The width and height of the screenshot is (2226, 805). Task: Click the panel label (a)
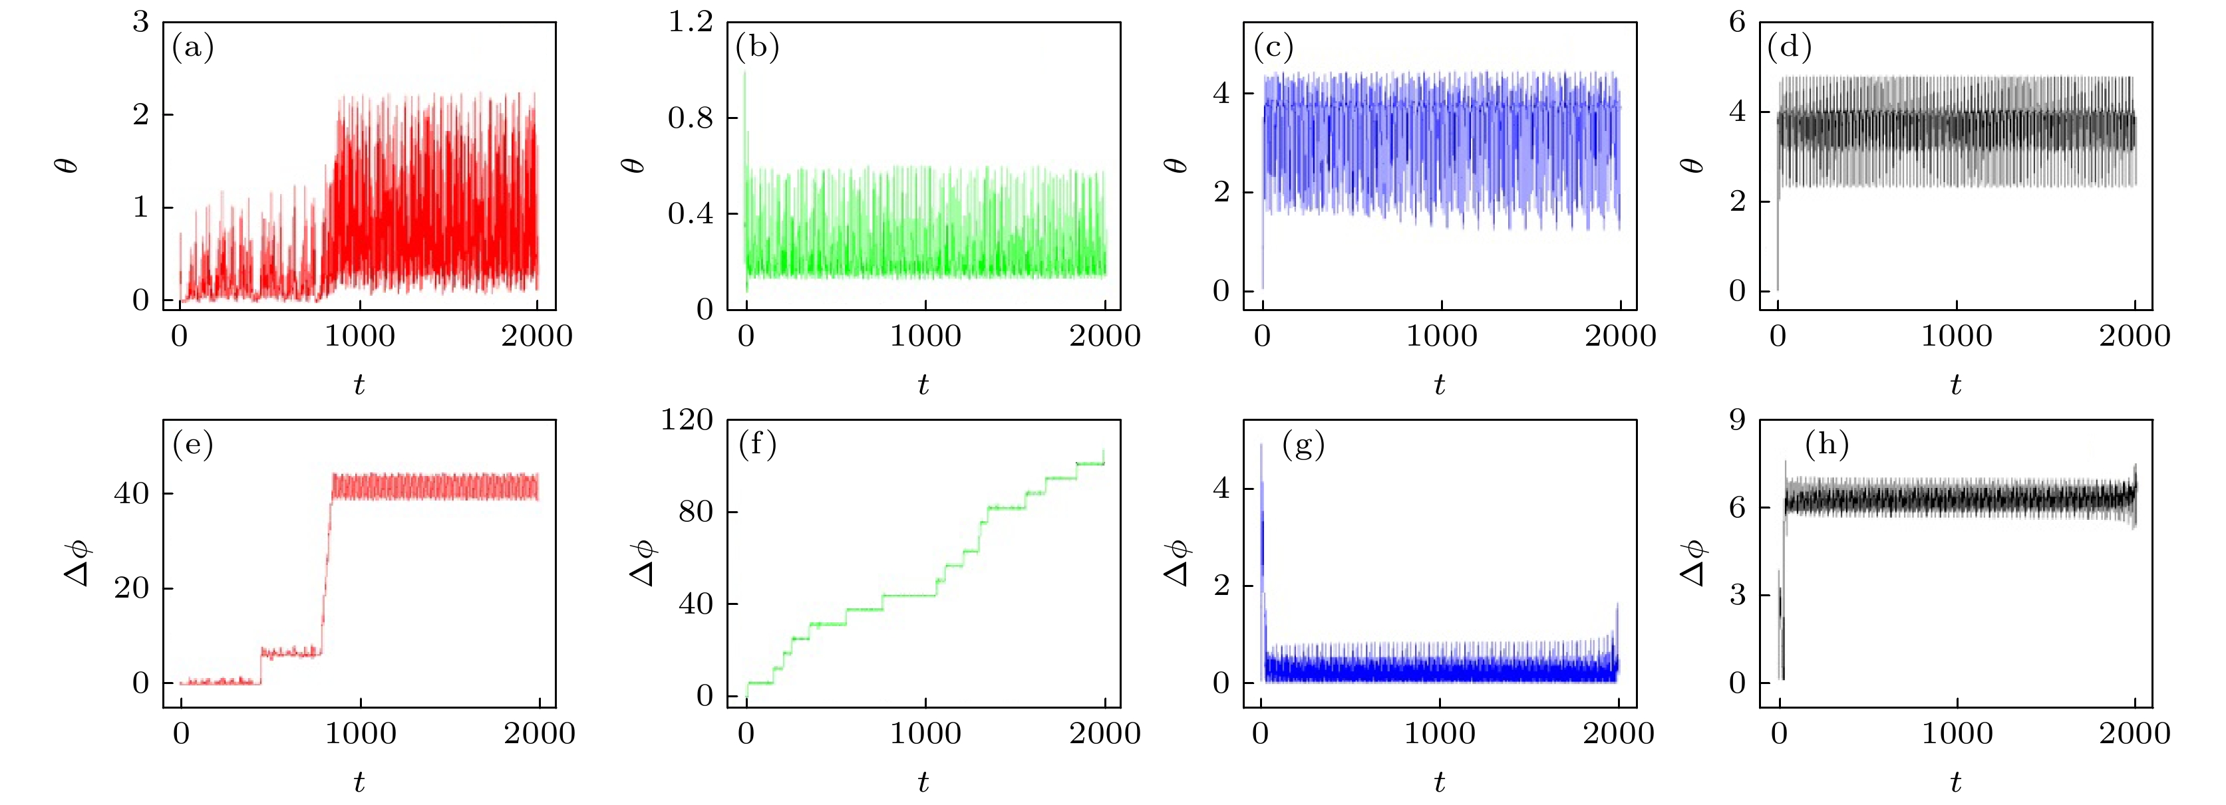click(193, 47)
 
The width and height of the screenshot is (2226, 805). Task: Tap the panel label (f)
click(758, 444)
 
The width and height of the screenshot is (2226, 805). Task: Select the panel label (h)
click(1827, 444)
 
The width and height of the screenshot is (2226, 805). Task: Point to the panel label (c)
click(1273, 47)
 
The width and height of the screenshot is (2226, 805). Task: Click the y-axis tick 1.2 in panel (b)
click(691, 21)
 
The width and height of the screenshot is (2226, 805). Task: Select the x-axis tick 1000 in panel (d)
click(1957, 335)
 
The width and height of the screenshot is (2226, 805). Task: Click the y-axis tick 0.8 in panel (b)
click(691, 118)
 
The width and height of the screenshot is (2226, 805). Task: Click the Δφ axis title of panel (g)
click(1178, 562)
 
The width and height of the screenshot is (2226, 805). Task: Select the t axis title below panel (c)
click(1440, 384)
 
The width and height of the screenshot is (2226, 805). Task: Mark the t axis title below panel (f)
click(923, 782)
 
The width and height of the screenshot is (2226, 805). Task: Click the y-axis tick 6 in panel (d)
click(1737, 21)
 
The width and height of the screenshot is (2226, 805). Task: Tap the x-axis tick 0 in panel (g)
click(1261, 733)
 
